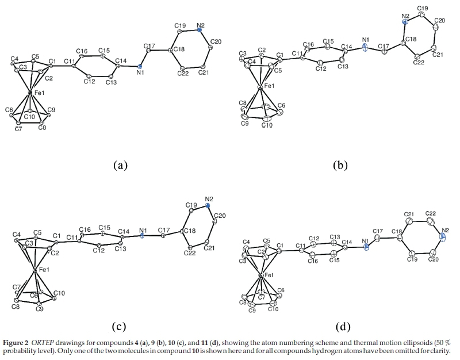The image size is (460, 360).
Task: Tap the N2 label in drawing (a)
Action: (x=201, y=26)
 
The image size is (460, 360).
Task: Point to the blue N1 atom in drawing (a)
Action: (x=140, y=67)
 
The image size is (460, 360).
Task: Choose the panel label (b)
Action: (x=340, y=166)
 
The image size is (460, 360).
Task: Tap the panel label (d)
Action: (x=340, y=327)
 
